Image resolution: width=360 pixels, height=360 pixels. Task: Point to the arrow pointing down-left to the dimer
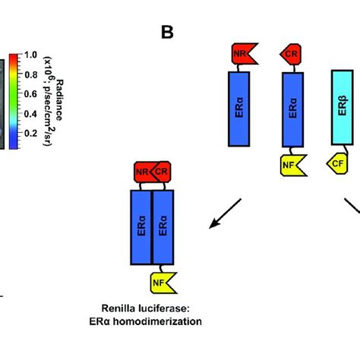pyautogui.click(x=226, y=212)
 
